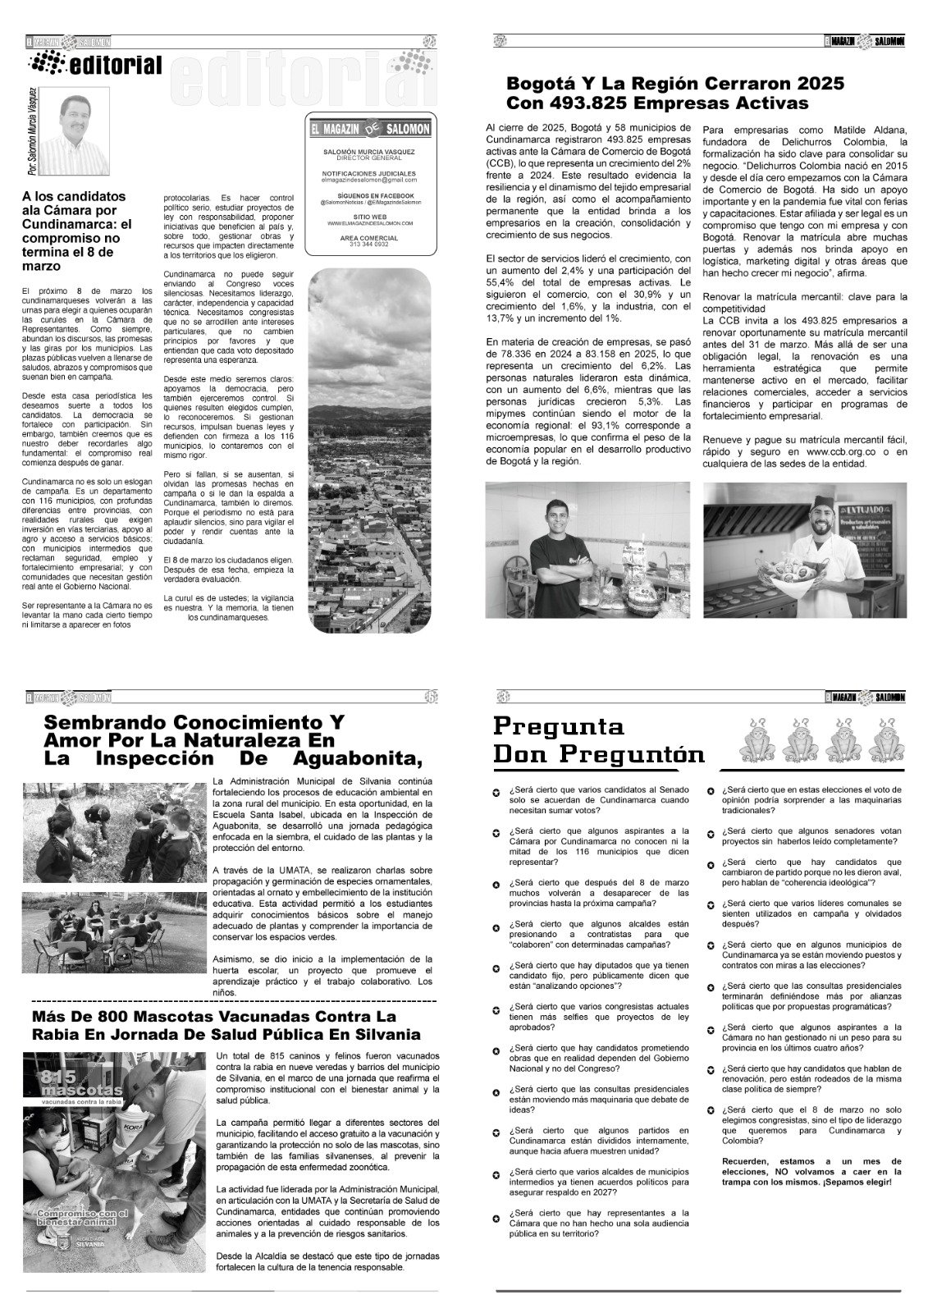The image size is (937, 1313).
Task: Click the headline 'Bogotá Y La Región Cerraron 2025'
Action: (674, 85)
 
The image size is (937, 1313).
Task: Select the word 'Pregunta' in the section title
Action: (558, 726)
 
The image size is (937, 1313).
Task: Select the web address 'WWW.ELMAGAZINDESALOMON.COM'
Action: (369, 223)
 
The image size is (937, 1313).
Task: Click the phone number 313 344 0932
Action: (369, 245)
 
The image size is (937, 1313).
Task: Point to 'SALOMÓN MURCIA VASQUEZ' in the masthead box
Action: (369, 152)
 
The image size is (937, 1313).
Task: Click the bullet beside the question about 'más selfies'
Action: (496, 1008)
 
